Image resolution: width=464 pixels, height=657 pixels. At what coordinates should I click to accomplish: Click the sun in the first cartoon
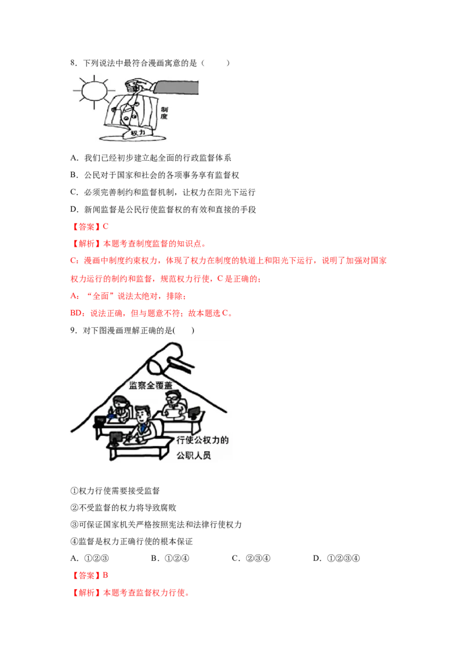[x=95, y=91]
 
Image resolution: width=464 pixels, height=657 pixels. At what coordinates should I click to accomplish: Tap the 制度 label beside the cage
[x=164, y=113]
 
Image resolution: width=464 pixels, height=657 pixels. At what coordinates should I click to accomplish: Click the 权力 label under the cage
[x=138, y=133]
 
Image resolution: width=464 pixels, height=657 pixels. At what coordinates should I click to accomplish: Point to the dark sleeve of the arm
[x=176, y=88]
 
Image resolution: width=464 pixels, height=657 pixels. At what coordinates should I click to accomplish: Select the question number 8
[x=73, y=63]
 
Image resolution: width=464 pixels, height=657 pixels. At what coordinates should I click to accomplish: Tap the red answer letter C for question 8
[x=106, y=227]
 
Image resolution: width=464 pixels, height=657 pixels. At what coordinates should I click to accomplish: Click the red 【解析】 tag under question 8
[x=86, y=244]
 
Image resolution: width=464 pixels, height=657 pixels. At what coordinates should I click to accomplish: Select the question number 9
[x=73, y=331]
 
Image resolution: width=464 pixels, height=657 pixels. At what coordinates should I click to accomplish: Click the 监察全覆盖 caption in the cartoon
[x=150, y=385]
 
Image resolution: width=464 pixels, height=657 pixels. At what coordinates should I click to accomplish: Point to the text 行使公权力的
[x=202, y=440]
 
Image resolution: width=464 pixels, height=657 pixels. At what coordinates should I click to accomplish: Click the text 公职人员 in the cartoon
[x=194, y=456]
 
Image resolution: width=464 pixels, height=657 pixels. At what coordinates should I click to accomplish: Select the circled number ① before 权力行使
[x=74, y=491]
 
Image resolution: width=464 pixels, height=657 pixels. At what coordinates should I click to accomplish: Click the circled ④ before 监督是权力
[x=74, y=542]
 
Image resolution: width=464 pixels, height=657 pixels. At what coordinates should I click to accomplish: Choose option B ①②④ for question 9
[x=170, y=558]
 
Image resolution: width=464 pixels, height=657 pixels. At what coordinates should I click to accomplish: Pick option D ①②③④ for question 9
[x=336, y=558]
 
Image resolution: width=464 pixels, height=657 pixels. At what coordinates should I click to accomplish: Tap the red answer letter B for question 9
[x=106, y=575]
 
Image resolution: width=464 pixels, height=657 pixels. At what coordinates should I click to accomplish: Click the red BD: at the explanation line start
[x=78, y=313]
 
